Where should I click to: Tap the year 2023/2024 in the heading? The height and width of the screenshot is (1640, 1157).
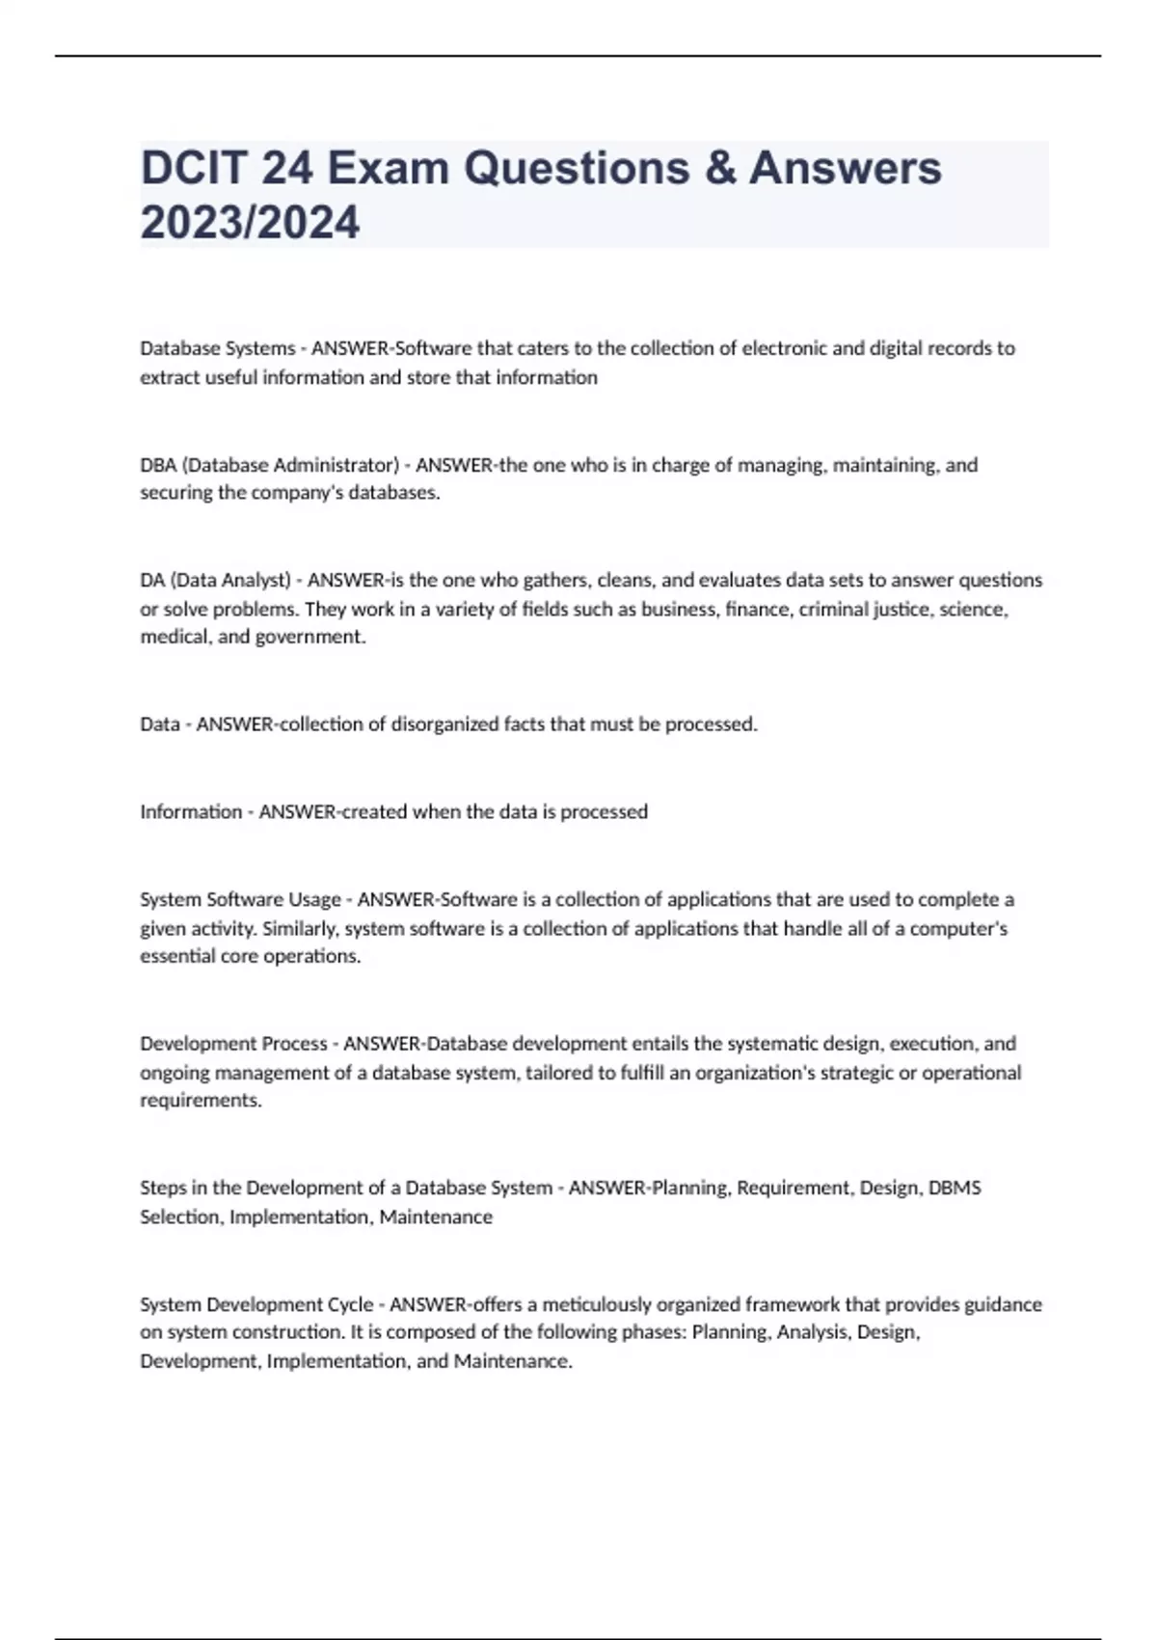pyautogui.click(x=250, y=222)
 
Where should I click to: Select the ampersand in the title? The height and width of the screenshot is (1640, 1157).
pyautogui.click(x=718, y=168)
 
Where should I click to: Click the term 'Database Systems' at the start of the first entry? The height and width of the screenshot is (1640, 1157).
pyautogui.click(x=217, y=348)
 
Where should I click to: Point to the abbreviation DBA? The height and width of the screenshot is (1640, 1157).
pyautogui.click(x=158, y=465)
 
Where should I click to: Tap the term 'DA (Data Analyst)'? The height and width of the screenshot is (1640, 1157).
pyautogui.click(x=215, y=580)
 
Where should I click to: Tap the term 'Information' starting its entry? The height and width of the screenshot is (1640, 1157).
pyautogui.click(x=191, y=811)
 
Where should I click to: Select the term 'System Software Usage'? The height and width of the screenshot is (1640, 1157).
pyautogui.click(x=240, y=899)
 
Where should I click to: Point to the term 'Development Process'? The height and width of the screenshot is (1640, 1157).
pyautogui.click(x=233, y=1044)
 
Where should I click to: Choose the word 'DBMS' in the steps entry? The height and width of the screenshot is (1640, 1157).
pyautogui.click(x=955, y=1188)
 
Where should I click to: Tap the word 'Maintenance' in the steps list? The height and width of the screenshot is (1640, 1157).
pyautogui.click(x=436, y=1216)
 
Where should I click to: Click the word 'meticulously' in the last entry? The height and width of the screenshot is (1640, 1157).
pyautogui.click(x=603, y=1304)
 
